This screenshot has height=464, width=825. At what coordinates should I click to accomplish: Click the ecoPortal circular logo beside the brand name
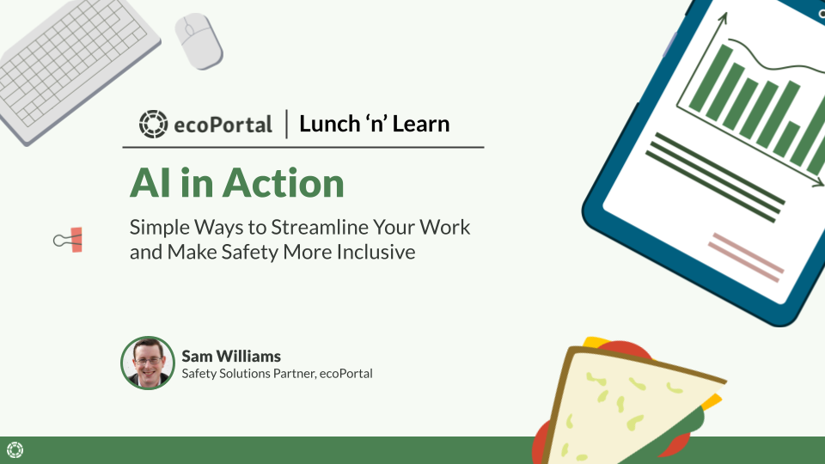pos(153,124)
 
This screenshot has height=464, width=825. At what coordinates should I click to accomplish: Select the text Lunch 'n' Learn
pos(374,124)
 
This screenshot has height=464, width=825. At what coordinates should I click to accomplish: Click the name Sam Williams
pos(231,356)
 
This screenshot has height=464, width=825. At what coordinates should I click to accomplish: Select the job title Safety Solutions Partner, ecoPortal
pos(277,373)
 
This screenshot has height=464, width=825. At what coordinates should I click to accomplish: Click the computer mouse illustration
pos(199,40)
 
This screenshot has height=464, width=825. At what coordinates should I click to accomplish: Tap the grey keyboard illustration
pos(77,69)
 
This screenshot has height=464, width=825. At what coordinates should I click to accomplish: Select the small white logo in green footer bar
pos(15,449)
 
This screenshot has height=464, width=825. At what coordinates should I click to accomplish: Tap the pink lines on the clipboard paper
pos(746,257)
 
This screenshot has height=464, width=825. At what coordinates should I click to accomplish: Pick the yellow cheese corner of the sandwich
pos(714,400)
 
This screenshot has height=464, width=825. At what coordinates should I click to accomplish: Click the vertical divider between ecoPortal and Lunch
pos(286,124)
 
